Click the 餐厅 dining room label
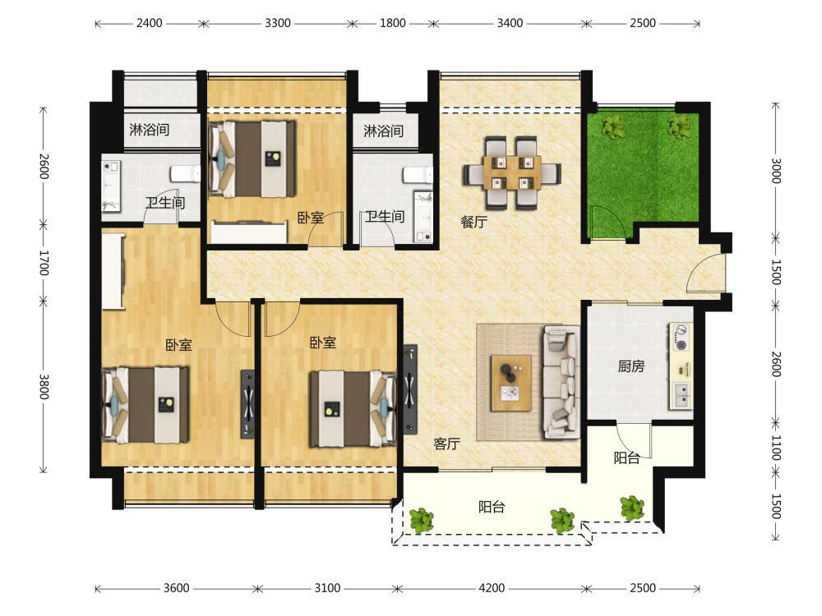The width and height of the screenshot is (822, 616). [474, 222]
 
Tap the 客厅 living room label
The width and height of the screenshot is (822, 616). [447, 444]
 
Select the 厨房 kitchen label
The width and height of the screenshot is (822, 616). [631, 366]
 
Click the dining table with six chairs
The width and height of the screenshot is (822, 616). [512, 172]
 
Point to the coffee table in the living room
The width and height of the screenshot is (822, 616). [511, 383]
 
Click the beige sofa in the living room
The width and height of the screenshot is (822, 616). [561, 382]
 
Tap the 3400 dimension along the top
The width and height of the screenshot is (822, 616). [510, 23]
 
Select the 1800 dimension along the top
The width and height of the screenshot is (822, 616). [393, 23]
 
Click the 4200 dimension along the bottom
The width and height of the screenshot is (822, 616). [492, 588]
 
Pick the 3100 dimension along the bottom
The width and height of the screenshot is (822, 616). [327, 588]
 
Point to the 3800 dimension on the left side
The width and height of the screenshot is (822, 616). [44, 387]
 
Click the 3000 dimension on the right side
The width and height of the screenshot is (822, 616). [777, 171]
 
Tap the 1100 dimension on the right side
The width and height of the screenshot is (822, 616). [777, 448]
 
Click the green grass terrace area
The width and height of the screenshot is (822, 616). [644, 172]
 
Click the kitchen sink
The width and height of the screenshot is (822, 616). [681, 396]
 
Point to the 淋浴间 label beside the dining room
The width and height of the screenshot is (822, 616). [384, 131]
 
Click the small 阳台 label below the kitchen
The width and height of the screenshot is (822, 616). [627, 458]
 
